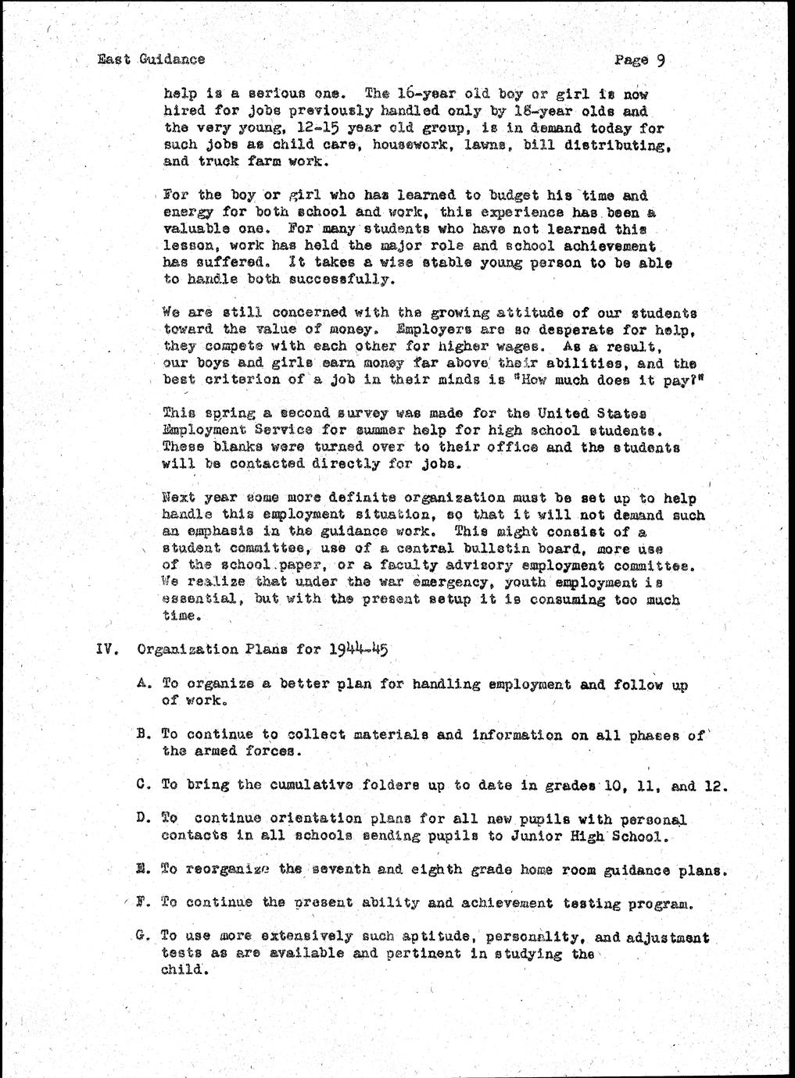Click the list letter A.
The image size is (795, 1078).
(x=142, y=684)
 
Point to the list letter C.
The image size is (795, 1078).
(x=142, y=785)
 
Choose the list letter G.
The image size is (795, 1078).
(x=142, y=936)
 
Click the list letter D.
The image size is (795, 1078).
(x=142, y=819)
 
